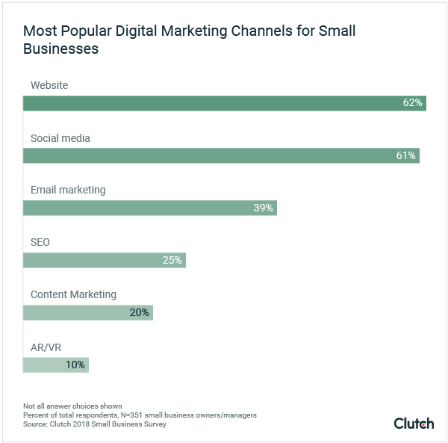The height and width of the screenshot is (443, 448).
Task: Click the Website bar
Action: click(224, 103)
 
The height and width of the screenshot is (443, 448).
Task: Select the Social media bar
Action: click(221, 155)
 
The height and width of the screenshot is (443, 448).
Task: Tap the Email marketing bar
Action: click(149, 208)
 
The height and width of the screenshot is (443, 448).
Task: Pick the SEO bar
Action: click(104, 260)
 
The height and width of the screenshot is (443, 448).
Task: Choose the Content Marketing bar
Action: click(87, 312)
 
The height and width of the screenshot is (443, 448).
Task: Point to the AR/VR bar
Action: click(55, 365)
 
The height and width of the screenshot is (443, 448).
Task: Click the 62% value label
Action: click(413, 103)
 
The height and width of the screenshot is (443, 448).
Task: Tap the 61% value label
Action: click(406, 155)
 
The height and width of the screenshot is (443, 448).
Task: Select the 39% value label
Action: click(263, 208)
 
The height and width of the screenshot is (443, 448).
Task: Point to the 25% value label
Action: click(172, 260)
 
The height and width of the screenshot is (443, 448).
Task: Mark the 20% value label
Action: click(140, 312)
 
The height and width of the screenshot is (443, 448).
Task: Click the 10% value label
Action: click(75, 365)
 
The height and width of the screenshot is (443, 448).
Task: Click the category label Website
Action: click(49, 85)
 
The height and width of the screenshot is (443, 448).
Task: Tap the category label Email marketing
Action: click(68, 190)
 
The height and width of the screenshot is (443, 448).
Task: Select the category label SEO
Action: click(40, 242)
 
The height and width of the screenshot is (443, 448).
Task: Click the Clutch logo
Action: click(413, 423)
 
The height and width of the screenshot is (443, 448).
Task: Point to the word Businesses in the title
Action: click(60, 49)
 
